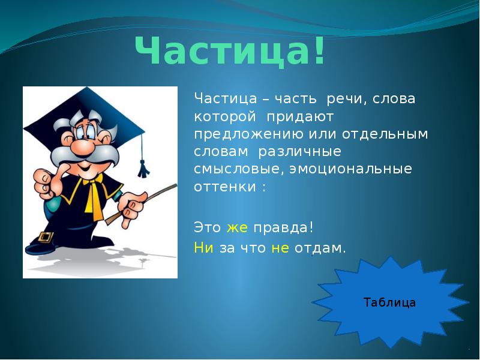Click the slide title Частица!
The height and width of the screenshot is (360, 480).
(x=230, y=52)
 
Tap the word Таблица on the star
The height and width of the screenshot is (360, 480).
(x=389, y=302)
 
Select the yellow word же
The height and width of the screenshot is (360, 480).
(x=237, y=229)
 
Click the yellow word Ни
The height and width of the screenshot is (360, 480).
(x=203, y=248)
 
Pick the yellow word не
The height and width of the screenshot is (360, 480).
(x=280, y=248)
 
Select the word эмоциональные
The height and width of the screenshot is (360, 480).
(x=351, y=169)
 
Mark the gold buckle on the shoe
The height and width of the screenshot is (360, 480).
(x=44, y=236)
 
